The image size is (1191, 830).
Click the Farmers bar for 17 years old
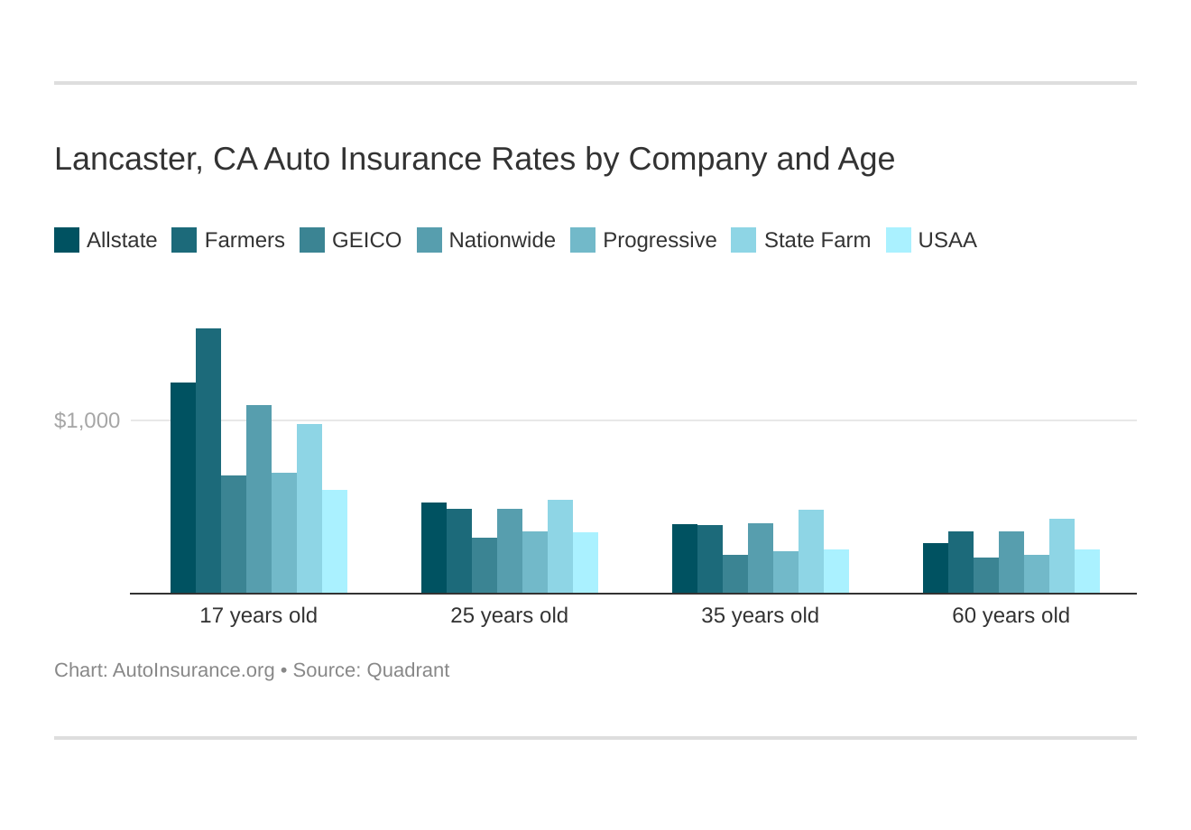pos(208,461)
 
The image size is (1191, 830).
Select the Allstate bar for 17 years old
pos(183,488)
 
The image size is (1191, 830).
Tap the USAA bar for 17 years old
pos(335,541)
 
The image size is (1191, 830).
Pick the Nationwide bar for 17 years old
pos(259,499)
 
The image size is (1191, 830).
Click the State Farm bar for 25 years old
pos(560,547)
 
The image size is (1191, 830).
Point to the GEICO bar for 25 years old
pos(485,566)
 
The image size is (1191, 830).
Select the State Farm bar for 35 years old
pos(811,551)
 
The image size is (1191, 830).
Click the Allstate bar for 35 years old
pos(685,558)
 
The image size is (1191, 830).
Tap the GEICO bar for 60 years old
pos(986,576)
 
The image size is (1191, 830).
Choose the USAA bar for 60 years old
pos(1087,571)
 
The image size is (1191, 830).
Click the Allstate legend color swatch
pos(67,240)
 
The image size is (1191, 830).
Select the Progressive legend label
pos(659,240)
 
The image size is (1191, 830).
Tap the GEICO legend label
pos(366,240)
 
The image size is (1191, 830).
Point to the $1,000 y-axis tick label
pos(87,420)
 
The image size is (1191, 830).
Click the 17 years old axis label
pos(258,615)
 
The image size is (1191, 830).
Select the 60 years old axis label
pos(1011,615)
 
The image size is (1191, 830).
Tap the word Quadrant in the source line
pos(408,670)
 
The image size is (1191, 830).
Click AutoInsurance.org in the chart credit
pos(193,670)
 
